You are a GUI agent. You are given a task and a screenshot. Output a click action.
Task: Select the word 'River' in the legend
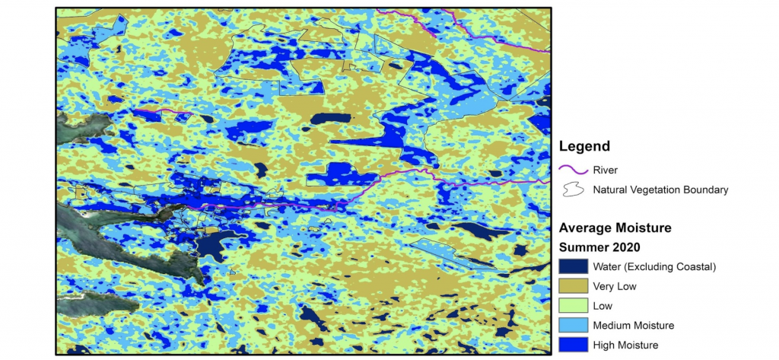605,170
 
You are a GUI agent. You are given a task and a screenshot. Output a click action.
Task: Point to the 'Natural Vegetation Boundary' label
660,190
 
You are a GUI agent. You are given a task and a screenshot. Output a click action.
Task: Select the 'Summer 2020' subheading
599,247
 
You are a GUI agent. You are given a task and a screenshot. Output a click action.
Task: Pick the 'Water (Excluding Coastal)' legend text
655,266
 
